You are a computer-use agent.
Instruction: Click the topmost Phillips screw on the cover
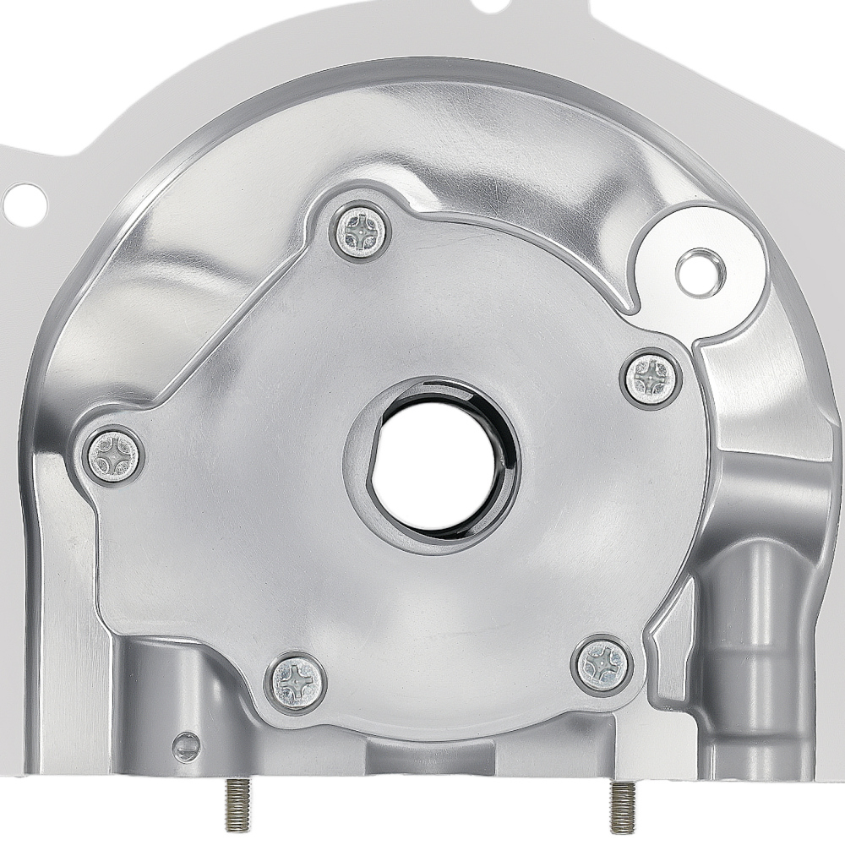click(x=361, y=233)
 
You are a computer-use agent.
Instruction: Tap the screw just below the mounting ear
click(x=652, y=378)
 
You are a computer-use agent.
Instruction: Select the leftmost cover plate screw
click(x=114, y=456)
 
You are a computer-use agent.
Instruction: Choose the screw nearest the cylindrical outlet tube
click(x=603, y=663)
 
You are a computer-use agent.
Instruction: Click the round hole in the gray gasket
click(x=25, y=201)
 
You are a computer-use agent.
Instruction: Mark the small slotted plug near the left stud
click(x=185, y=746)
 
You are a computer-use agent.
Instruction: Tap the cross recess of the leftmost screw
click(x=114, y=456)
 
